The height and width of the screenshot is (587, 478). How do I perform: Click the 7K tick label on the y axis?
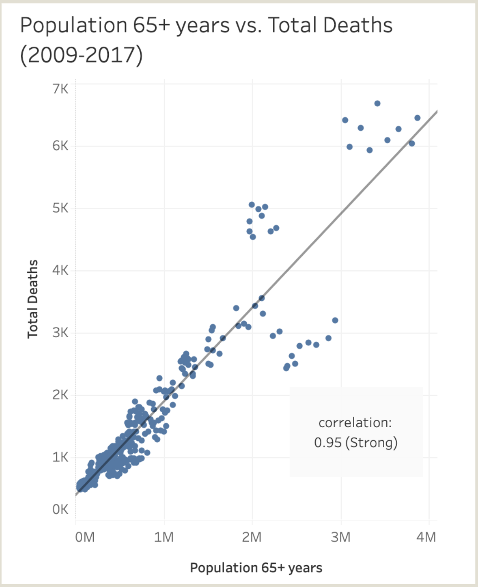pyautogui.click(x=60, y=89)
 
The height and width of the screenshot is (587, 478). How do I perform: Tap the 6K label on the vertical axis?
pyautogui.click(x=60, y=146)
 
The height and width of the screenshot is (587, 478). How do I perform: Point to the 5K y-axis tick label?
pyautogui.click(x=60, y=208)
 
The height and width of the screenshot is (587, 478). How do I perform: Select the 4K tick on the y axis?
pyautogui.click(x=60, y=270)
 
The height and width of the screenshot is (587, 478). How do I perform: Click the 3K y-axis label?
pyautogui.click(x=60, y=332)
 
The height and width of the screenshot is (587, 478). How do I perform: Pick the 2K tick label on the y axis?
pyautogui.click(x=60, y=395)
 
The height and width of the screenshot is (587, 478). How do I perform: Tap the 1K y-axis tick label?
pyautogui.click(x=60, y=457)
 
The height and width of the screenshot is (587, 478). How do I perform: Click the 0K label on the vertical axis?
pyautogui.click(x=60, y=509)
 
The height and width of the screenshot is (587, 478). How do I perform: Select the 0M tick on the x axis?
pyautogui.click(x=85, y=537)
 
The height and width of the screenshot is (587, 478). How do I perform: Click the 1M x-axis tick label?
pyautogui.click(x=164, y=537)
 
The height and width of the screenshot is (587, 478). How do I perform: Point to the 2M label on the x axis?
pyautogui.click(x=252, y=537)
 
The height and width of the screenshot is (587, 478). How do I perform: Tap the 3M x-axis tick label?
pyautogui.click(x=341, y=537)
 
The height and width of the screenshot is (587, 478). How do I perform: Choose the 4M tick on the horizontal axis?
pyautogui.click(x=426, y=537)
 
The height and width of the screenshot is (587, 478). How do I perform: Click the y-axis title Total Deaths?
pyautogui.click(x=33, y=299)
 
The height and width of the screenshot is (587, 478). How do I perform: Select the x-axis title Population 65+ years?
pyautogui.click(x=256, y=568)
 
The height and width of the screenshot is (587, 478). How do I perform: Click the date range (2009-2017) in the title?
pyautogui.click(x=81, y=55)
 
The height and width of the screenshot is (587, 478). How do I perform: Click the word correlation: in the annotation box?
pyautogui.click(x=355, y=422)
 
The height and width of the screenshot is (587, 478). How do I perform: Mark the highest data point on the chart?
pyautogui.click(x=377, y=103)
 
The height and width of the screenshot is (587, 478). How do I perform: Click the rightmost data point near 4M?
pyautogui.click(x=417, y=118)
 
